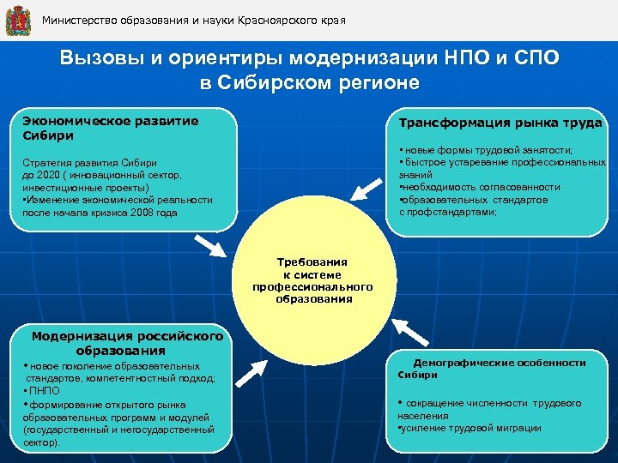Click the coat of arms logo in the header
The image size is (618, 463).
click(17, 19)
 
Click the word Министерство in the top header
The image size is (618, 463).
click(79, 19)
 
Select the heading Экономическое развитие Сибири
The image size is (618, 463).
click(111, 128)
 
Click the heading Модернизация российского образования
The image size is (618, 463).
click(127, 343)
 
